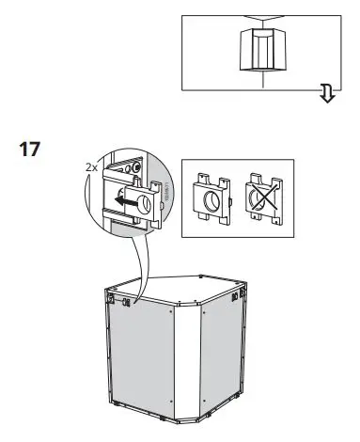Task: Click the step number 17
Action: pos(30,150)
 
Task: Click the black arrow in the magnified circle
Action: pos(120,200)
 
